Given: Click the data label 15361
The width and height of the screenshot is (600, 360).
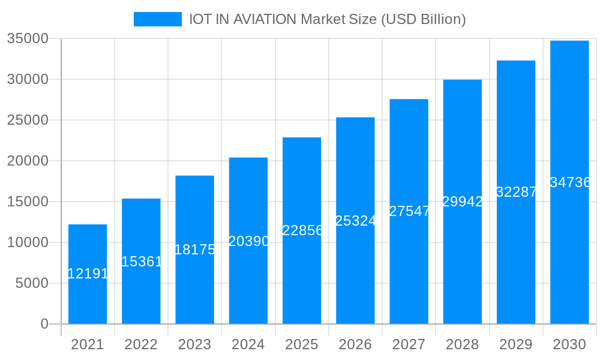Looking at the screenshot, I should [142, 262].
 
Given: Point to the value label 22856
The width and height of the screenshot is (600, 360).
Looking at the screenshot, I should [302, 230].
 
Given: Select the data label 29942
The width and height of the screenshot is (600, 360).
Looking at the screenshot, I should [463, 202].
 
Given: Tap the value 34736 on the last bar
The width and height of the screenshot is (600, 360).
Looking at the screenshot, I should [570, 182].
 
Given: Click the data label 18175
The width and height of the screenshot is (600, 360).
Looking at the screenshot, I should [195, 250].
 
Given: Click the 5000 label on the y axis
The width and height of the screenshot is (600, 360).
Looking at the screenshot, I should [31, 283].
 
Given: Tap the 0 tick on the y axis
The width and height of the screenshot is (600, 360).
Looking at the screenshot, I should [44, 324].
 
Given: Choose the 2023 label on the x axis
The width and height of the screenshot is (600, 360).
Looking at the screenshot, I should [194, 344].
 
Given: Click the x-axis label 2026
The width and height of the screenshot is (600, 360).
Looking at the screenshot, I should [355, 344].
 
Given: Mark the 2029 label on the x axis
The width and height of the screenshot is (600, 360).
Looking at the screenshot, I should [516, 344].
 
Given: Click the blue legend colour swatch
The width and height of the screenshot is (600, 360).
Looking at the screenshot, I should [157, 19].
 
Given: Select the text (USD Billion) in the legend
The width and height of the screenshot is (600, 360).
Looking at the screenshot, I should [424, 19].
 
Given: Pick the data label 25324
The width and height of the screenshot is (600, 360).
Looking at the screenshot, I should [355, 221].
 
